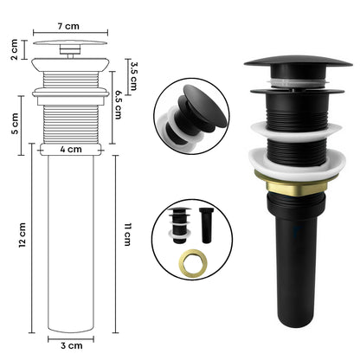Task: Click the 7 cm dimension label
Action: pyautogui.click(x=68, y=26)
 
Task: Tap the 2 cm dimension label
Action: pyautogui.click(x=14, y=49)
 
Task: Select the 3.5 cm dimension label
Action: pyautogui.click(x=133, y=76)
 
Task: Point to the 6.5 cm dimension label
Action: pyautogui.click(x=119, y=105)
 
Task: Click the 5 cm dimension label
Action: pyautogui.click(x=15, y=124)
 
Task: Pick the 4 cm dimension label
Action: pyautogui.click(x=71, y=150)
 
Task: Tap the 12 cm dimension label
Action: pyautogui.click(x=22, y=235)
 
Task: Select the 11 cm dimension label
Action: pyautogui.click(x=127, y=235)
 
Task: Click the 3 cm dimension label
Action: pyautogui.click(x=72, y=345)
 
